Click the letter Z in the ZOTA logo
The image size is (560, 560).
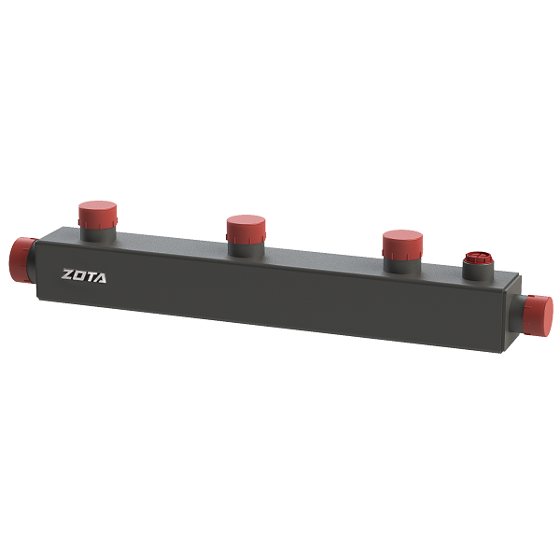(67, 274)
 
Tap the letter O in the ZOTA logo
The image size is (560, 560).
(79, 275)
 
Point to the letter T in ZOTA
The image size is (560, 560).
(90, 277)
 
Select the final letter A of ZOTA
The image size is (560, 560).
(100, 278)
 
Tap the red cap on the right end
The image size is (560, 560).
(538, 315)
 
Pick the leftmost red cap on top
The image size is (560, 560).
(97, 215)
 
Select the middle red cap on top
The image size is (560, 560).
(245, 229)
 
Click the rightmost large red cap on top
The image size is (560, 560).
(402, 245)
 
